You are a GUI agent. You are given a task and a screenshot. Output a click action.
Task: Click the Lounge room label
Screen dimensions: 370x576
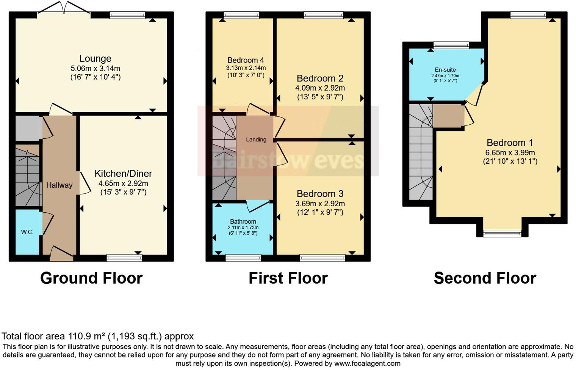tap(95, 58)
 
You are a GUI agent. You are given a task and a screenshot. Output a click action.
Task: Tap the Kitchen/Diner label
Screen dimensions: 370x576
tap(123, 174)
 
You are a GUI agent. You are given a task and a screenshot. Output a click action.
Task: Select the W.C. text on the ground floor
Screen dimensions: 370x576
tap(27, 232)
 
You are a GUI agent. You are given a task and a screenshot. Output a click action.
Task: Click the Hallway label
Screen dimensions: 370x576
tap(59, 185)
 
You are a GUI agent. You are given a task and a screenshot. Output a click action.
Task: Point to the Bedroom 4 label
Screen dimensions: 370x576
tap(246, 60)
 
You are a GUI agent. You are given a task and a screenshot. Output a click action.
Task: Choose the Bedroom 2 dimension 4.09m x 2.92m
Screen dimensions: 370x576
tap(320, 88)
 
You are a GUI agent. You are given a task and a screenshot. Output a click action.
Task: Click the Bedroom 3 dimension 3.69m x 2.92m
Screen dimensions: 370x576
tap(320, 204)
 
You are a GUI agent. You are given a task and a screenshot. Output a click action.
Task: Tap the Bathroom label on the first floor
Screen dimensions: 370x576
tap(243, 221)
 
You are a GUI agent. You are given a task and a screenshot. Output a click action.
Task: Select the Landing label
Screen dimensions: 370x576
tap(256, 140)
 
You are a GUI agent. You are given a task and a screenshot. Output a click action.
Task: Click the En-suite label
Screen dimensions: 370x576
tap(445, 70)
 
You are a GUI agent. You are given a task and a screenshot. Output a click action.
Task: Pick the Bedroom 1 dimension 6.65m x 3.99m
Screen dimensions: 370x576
tap(510, 153)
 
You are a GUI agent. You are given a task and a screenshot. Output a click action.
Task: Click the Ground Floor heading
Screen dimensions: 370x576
tap(91, 278)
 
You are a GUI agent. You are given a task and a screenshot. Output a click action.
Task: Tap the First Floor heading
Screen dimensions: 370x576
tap(288, 278)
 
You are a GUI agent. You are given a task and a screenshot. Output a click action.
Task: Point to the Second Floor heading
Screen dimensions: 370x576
tap(485, 278)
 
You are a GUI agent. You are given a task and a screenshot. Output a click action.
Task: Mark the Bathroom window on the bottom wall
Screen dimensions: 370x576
tap(243, 258)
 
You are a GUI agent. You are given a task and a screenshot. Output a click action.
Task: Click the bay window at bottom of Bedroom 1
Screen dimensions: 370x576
tap(502, 234)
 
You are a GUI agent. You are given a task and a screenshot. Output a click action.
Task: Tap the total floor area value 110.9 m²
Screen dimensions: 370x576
tap(87, 336)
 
